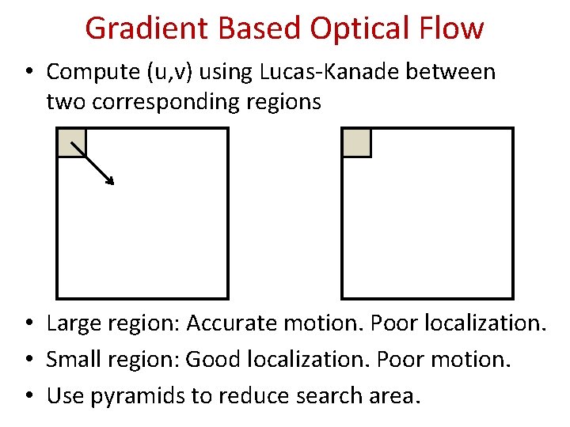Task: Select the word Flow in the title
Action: point(453,28)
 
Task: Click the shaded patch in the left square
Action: point(71,143)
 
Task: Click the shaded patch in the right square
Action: point(356,143)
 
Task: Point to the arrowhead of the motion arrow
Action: point(111,181)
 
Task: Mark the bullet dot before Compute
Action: point(28,73)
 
